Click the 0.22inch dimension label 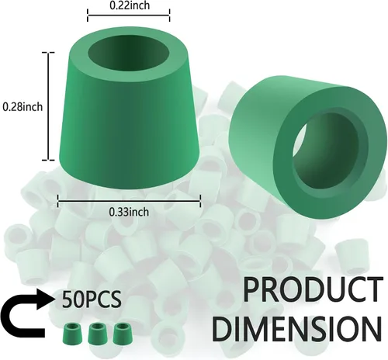click(x=130, y=5)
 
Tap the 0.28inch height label click(x=23, y=106)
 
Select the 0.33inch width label click(x=129, y=212)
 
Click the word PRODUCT click(x=313, y=289)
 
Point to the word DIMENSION click(x=297, y=327)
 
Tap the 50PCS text click(x=92, y=299)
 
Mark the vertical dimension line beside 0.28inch click(x=48, y=106)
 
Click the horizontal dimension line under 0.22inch click(x=129, y=15)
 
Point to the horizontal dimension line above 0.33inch click(x=129, y=201)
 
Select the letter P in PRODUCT click(x=252, y=289)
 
